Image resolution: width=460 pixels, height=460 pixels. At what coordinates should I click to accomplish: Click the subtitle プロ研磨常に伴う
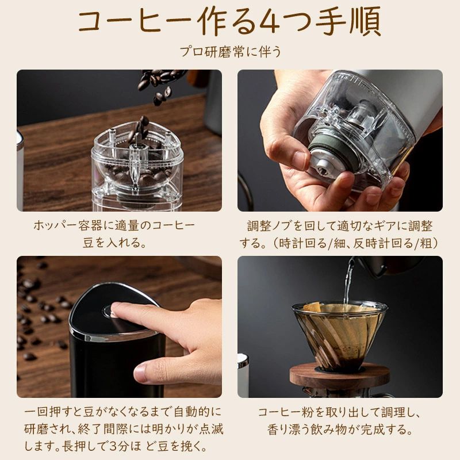pyautogui.click(x=231, y=52)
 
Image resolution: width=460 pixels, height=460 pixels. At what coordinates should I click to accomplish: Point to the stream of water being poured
pyautogui.click(x=348, y=281)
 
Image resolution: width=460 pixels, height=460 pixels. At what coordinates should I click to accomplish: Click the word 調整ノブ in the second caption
pyautogui.click(x=270, y=226)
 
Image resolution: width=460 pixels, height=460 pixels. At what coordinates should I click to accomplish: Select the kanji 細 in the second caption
pyautogui.click(x=340, y=243)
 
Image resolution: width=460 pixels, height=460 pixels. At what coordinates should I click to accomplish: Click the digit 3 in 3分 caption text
pyautogui.click(x=113, y=447)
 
